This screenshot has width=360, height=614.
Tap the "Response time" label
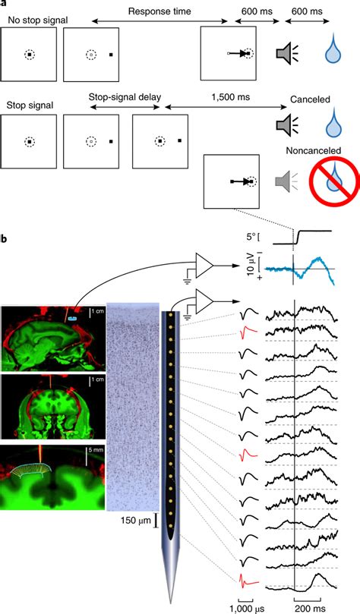159,11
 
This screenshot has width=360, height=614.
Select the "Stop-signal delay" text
125,96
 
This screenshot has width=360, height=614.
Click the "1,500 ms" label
232,96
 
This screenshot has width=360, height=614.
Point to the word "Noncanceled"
313,150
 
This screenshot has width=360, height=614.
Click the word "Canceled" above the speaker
310,99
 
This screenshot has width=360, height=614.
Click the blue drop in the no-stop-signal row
333,52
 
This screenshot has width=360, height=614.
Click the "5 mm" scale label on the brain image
96,450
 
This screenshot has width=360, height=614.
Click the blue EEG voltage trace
300,269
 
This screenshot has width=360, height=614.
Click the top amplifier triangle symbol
204,266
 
